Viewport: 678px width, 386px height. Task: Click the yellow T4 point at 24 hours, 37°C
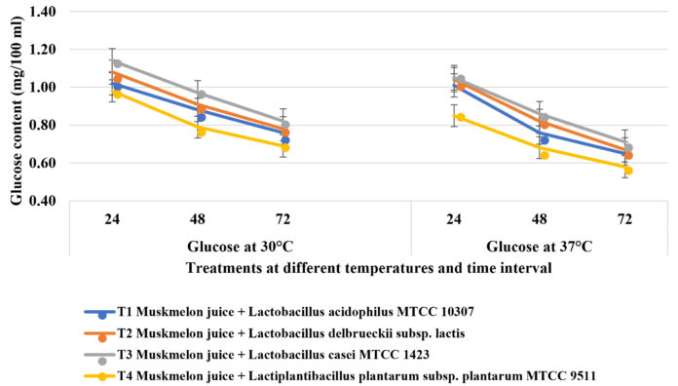tap(460, 117)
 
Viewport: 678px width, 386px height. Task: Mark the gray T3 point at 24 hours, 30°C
tap(117, 63)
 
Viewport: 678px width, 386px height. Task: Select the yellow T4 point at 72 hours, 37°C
tap(627, 171)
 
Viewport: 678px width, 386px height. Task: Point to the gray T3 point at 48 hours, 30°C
tap(201, 95)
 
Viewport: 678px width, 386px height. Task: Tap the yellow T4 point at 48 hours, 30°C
tap(201, 131)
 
